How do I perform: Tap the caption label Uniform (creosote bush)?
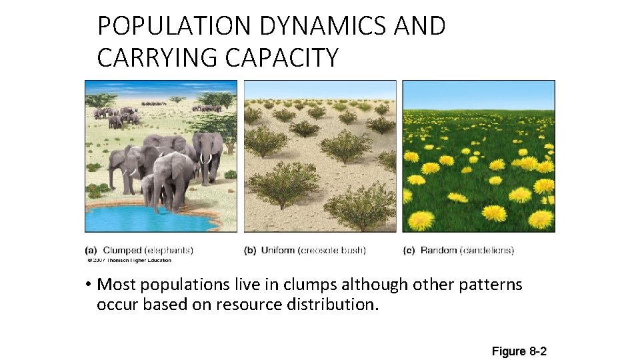(x=313, y=251)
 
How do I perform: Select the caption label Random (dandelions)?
(x=467, y=251)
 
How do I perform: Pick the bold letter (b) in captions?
(x=251, y=251)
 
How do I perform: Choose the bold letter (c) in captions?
(x=409, y=251)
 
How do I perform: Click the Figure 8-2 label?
(x=519, y=351)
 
